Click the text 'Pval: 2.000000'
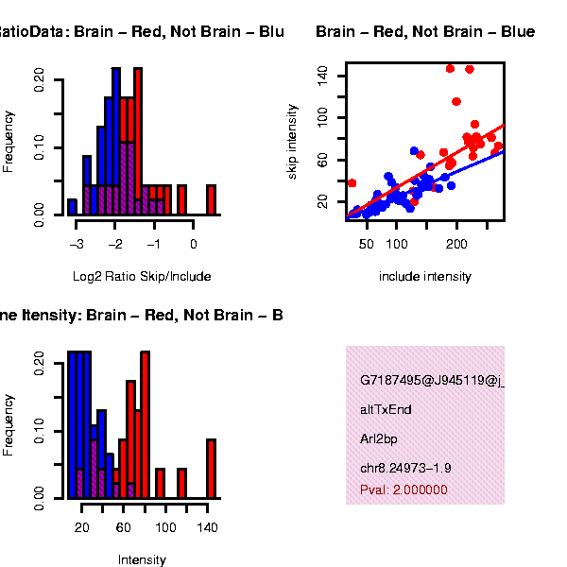[x=404, y=490]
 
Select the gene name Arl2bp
[x=378, y=439]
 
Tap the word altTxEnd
[x=386, y=410]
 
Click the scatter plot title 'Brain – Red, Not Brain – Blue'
[x=425, y=33]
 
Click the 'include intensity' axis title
[x=424, y=277]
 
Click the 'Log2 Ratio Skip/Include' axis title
[x=142, y=277]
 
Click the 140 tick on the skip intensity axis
[x=322, y=73]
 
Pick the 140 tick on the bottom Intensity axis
[x=208, y=527]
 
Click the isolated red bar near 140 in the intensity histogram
[x=211, y=469]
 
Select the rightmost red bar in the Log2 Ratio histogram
[x=211, y=199]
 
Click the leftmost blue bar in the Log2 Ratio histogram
[x=72, y=207]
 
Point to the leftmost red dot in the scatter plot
[x=352, y=183]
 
